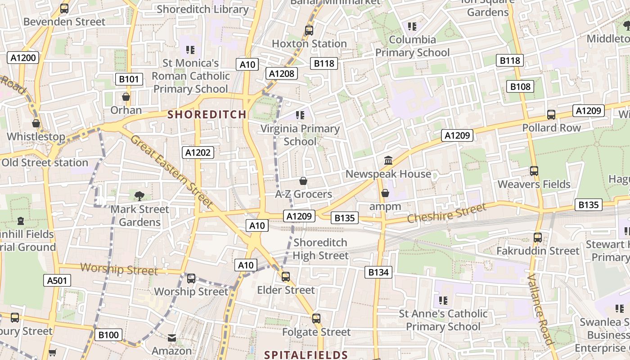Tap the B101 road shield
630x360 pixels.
coord(129,80)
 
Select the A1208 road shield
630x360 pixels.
coord(282,73)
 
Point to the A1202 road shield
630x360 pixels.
coord(198,153)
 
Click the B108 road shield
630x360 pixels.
coord(520,86)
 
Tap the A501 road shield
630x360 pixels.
coord(58,281)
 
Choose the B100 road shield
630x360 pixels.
coord(108,335)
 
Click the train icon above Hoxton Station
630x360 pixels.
coord(309,31)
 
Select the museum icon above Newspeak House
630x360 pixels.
coord(388,160)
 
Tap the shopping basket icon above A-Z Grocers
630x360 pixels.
coord(303,181)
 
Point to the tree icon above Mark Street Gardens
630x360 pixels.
coord(139,196)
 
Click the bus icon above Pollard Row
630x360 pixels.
coord(551,115)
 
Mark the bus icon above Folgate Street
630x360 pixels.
coord(316,319)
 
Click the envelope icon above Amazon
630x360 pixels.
coord(171,337)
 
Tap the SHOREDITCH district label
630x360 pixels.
coord(207,114)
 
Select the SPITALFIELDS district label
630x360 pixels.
coord(306,355)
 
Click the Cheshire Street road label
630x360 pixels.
coord(446,213)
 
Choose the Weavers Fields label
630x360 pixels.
coord(534,184)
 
